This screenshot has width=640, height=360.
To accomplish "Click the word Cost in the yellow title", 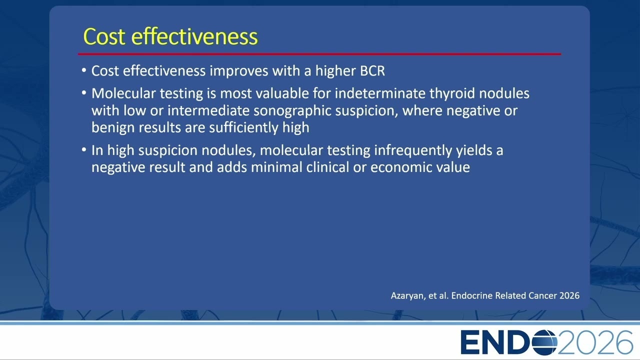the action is [x=104, y=36].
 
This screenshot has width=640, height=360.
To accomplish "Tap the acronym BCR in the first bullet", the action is [x=372, y=71].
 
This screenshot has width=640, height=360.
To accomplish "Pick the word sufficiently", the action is [x=243, y=127].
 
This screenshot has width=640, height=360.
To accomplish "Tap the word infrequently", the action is [x=413, y=150].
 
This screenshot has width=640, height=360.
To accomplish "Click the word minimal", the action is [x=276, y=167].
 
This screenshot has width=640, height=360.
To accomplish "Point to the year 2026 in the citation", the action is [x=569, y=295].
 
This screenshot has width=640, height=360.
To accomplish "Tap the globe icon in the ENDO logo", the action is [x=544, y=342].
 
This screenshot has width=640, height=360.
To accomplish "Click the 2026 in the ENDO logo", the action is [x=595, y=342].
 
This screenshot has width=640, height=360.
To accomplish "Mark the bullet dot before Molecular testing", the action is [x=83, y=93].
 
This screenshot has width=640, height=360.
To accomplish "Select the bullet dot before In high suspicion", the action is [x=83, y=149].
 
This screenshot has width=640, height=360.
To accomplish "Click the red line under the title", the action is [x=319, y=53].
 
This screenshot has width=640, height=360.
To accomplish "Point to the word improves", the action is [x=239, y=71].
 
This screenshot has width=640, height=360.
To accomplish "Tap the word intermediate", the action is [x=208, y=110].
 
